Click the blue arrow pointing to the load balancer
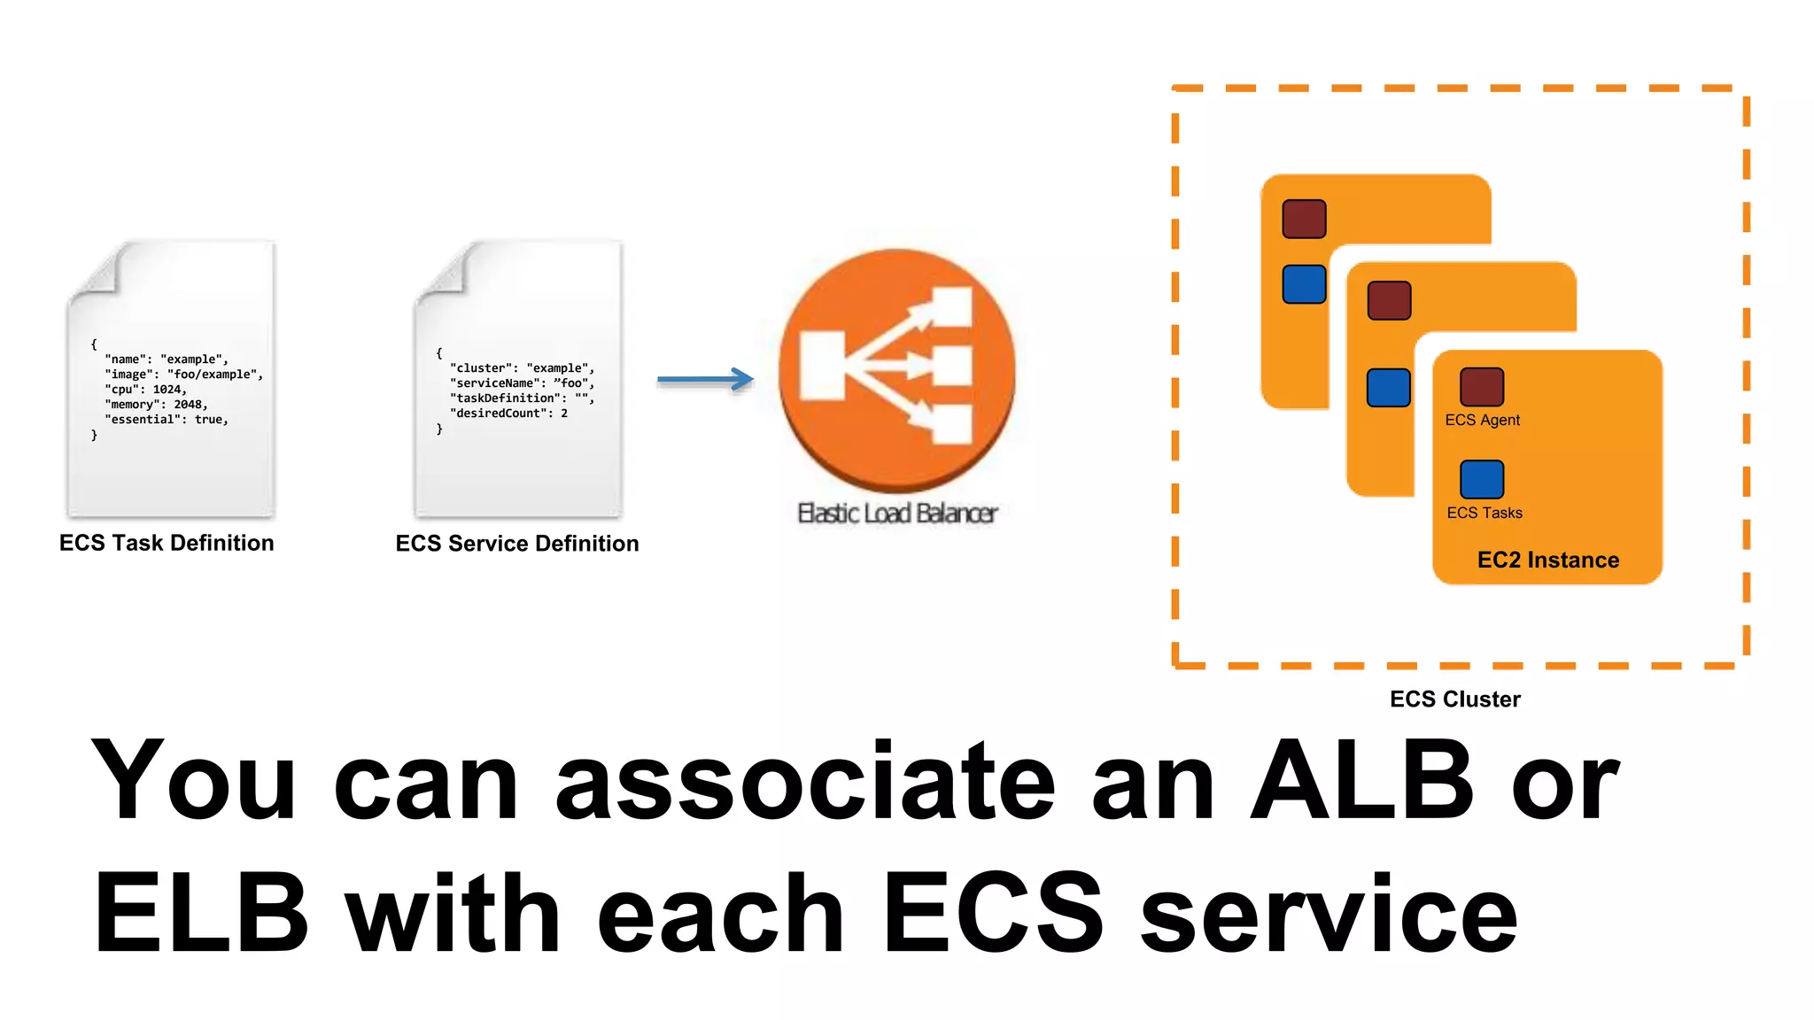tap(705, 379)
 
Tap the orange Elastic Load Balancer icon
tap(896, 370)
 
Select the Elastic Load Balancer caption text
tap(897, 514)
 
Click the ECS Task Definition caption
tap(167, 543)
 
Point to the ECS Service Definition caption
tap(517, 544)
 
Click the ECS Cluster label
tap(1454, 699)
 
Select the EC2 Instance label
tap(1547, 560)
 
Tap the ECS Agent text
tap(1482, 421)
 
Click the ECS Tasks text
tap(1485, 514)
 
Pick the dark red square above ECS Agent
tap(1482, 387)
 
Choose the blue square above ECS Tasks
tap(1482, 479)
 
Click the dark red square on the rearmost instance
tap(1304, 219)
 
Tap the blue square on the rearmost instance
tap(1304, 284)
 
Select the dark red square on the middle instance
tap(1389, 300)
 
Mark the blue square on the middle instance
tap(1389, 388)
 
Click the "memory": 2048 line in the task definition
tap(156, 405)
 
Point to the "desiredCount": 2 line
tap(508, 413)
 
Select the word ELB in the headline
tap(202, 913)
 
